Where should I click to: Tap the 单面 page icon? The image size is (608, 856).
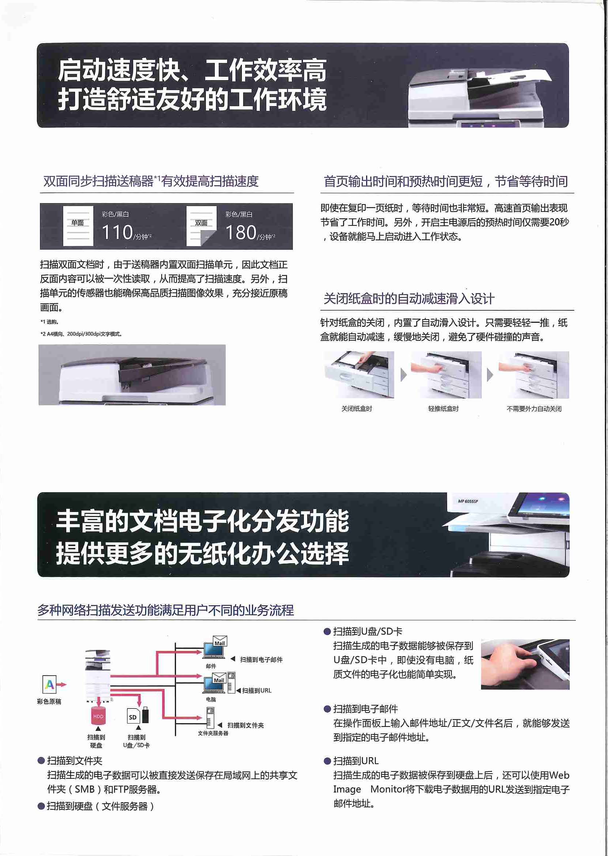78,226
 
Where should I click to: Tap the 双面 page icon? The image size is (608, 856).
202,226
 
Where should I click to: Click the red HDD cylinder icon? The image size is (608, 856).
98,716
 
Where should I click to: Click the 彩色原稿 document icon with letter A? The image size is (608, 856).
49,684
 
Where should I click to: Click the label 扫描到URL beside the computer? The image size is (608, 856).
257,691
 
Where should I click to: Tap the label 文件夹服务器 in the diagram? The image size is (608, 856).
213,733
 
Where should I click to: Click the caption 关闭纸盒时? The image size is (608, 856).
357,408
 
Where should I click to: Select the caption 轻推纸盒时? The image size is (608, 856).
443,408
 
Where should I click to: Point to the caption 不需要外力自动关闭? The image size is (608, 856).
534,408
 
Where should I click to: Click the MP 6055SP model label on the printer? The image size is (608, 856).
468,501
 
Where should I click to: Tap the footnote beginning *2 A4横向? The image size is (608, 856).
81,334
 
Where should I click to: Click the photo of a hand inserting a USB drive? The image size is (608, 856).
525,664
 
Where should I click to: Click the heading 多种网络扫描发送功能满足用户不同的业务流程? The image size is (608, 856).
165,610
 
